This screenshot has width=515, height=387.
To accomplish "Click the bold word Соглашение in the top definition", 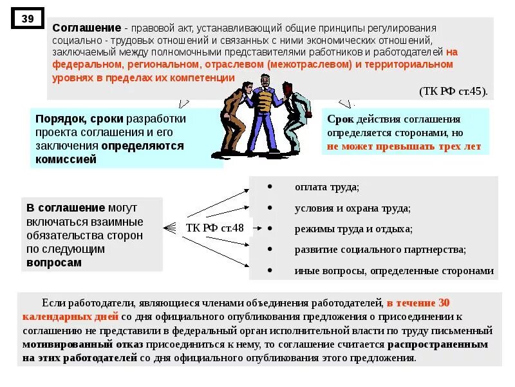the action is point(87,29).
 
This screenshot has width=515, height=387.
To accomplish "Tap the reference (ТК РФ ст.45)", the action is point(453,90).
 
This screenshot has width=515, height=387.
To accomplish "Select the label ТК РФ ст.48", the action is point(215,227).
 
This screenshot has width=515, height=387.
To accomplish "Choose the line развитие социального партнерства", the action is point(380,250).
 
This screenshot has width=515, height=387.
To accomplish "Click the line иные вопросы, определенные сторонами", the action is point(394,271).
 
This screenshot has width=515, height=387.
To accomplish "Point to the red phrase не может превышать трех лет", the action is point(404,146).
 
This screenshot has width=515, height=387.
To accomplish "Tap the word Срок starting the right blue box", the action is point(340,119).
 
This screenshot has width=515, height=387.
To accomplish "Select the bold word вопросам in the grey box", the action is point(54,263).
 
